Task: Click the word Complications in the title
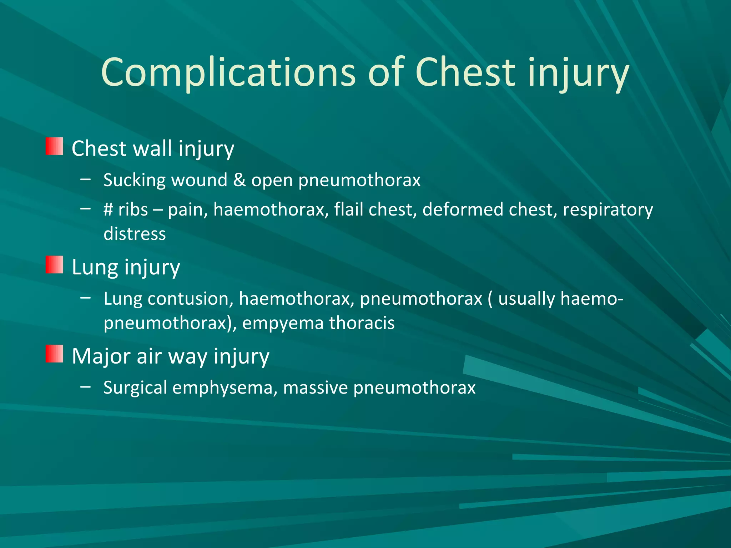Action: click(x=228, y=73)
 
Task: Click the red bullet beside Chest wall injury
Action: click(x=54, y=146)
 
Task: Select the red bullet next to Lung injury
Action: click(x=54, y=265)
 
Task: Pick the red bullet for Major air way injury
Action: click(x=54, y=354)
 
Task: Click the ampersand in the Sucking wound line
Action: click(x=239, y=180)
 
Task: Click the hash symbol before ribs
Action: click(x=108, y=210)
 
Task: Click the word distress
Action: click(x=135, y=234)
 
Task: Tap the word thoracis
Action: click(x=362, y=323)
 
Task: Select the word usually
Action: click(x=526, y=299)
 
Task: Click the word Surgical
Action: click(x=135, y=388)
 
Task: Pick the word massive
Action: click(x=315, y=388)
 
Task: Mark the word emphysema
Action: click(x=225, y=388)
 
